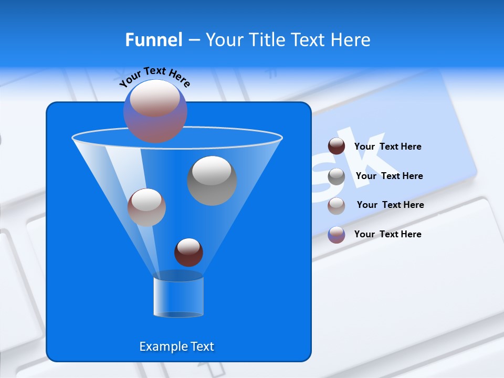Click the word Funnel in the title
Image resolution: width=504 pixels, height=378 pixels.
pos(154,40)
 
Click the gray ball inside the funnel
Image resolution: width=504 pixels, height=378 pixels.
pos(212,181)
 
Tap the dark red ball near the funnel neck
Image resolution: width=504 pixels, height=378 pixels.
pos(188,253)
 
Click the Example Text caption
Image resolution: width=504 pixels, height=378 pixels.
pos(176,346)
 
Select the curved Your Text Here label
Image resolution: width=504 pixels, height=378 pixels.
pos(154,77)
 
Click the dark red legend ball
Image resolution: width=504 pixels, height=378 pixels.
pos(337,146)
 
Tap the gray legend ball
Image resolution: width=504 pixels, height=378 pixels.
pos(337,176)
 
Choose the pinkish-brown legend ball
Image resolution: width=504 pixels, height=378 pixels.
pos(337,206)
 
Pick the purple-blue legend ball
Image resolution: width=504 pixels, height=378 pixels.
pos(337,235)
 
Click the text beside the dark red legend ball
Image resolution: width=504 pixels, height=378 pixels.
pos(387,146)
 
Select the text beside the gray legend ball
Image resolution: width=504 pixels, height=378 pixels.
pos(389,176)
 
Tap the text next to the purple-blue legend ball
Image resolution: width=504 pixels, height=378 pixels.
pos(387,234)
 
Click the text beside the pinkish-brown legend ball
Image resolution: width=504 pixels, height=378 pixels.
pos(390,205)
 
